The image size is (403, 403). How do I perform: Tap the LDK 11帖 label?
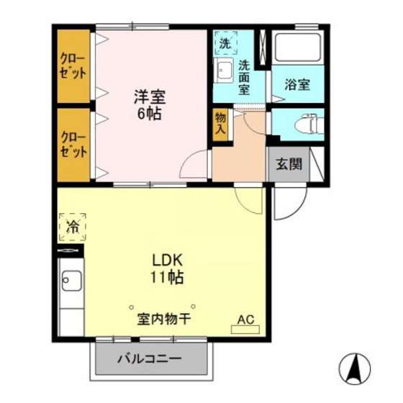(x=167, y=268)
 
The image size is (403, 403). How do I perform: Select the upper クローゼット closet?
(x=74, y=65)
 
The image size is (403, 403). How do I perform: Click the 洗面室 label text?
(x=245, y=76)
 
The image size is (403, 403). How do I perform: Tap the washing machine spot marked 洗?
(x=225, y=42)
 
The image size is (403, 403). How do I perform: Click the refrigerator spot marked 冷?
(x=72, y=226)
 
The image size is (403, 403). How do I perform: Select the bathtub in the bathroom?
(x=298, y=49)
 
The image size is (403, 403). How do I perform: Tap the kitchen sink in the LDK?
(x=71, y=280)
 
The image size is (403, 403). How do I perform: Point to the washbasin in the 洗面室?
(x=222, y=71)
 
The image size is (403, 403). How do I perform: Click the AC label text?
(x=245, y=318)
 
